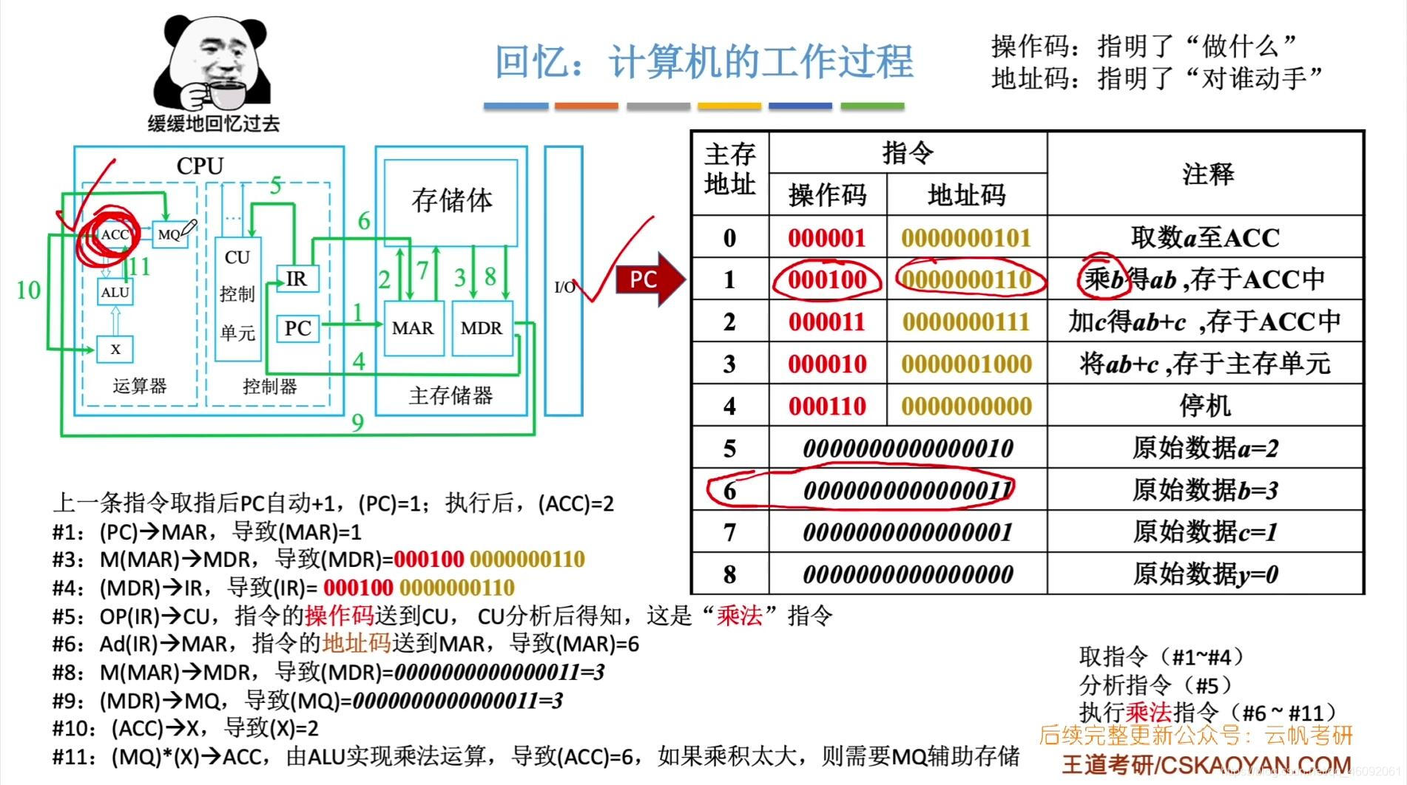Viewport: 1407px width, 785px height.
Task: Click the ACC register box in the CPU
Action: [x=115, y=235]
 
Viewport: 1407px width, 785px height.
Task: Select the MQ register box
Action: [x=169, y=234]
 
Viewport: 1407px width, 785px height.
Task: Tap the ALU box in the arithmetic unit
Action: [x=115, y=293]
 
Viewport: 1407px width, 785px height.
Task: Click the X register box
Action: [x=115, y=349]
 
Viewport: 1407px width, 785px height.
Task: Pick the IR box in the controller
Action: [x=296, y=279]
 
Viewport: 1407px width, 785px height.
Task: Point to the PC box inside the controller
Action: [x=297, y=328]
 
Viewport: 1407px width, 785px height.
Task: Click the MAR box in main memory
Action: [x=412, y=328]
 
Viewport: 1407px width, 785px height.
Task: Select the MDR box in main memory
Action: [x=481, y=328]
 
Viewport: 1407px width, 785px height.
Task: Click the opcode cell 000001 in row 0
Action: [x=826, y=237]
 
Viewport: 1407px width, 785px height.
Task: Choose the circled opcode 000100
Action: [x=826, y=279]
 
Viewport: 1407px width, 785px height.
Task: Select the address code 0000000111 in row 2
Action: [x=965, y=322]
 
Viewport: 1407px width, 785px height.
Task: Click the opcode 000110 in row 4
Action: [x=826, y=406]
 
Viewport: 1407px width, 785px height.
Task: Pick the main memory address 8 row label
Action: [x=729, y=574]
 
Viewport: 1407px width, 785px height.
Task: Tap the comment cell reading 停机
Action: [x=1205, y=406]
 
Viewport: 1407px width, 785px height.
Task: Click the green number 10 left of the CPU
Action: [x=28, y=290]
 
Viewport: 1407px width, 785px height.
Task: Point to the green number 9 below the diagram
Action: [x=357, y=422]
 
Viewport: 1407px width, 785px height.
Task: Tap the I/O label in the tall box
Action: [x=564, y=287]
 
